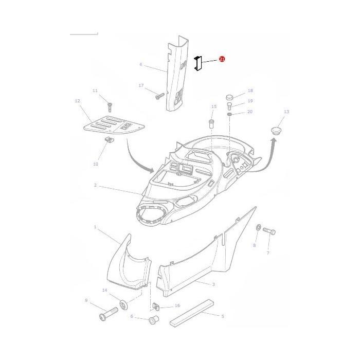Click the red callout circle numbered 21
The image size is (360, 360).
tap(222, 60)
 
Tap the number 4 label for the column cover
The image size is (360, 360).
tap(140, 65)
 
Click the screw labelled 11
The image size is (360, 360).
tap(110, 106)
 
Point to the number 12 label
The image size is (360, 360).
tap(78, 101)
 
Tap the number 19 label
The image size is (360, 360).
tap(250, 101)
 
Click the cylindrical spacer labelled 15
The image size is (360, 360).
tap(210, 124)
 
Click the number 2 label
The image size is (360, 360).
tap(95, 185)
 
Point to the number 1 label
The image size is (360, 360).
tap(95, 227)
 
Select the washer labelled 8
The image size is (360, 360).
tap(258, 228)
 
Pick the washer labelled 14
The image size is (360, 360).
tap(124, 305)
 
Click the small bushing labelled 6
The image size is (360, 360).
tap(153, 321)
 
